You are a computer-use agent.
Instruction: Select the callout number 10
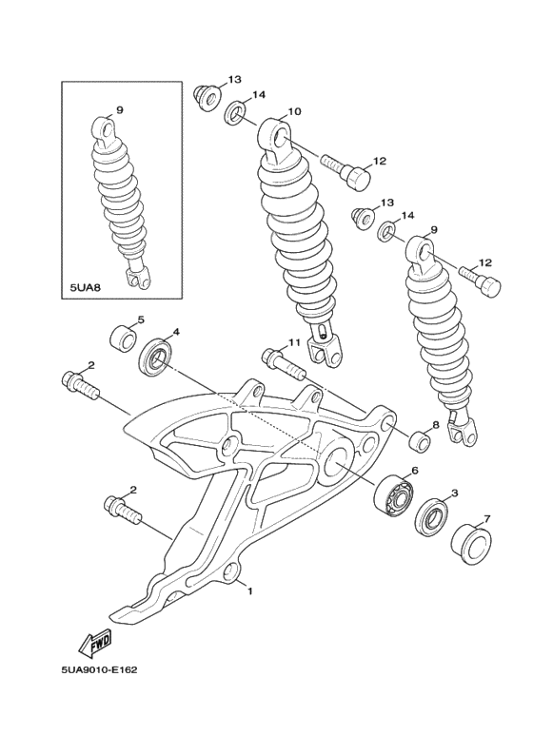[x=294, y=112]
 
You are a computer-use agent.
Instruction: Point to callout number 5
[x=140, y=320]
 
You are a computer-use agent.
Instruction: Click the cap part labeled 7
[x=469, y=543]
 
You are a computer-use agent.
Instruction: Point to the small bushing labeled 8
[x=417, y=441]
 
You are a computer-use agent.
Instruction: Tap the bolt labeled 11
[x=280, y=361]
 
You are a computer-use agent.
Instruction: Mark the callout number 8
[x=436, y=425]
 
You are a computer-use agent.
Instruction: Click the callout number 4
[x=175, y=334]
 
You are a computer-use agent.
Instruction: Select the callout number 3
[x=454, y=493]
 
